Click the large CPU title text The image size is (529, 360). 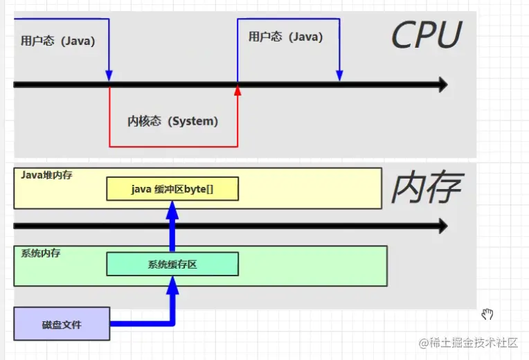pos(426,35)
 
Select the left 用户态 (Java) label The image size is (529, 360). pos(57,41)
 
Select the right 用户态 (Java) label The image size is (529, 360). pos(285,37)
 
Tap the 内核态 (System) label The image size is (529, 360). pos(173,121)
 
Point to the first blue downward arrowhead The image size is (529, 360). pos(109,75)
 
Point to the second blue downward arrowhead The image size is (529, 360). pos(339,75)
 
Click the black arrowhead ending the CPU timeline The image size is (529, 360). pos(440,85)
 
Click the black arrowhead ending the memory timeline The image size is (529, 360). pos(440,226)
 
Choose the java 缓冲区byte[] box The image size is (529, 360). pos(172,189)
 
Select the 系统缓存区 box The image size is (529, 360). pos(172,264)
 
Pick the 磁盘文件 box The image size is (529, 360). pos(62,323)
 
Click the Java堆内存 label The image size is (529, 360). pos(46,175)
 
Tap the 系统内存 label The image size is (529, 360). pos(40,253)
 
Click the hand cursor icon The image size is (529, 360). pos(487,314)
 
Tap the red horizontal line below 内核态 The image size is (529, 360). pos(173,146)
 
